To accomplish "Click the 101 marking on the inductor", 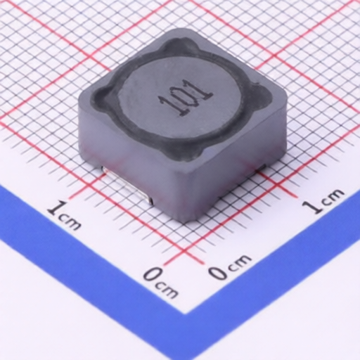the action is (x=186, y=98).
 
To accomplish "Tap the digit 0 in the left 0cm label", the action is (x=153, y=275).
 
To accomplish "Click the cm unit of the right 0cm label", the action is (x=240, y=261).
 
